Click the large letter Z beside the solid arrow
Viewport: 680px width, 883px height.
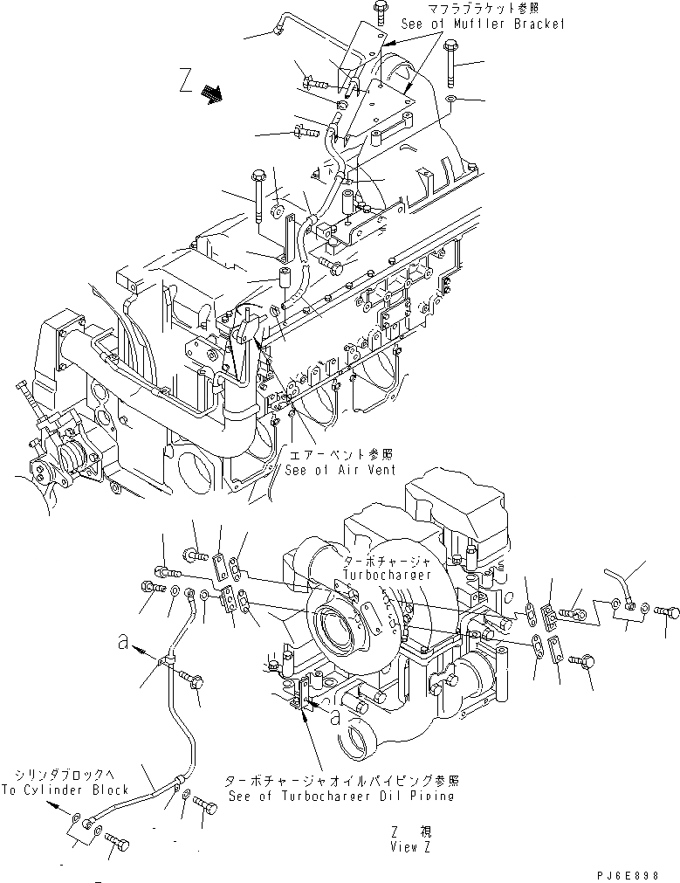click(x=183, y=84)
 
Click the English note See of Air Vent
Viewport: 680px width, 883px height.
click(x=340, y=469)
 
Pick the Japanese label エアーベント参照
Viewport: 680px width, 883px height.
click(x=340, y=455)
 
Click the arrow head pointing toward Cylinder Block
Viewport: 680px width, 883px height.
click(x=55, y=808)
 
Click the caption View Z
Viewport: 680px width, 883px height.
click(x=410, y=846)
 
